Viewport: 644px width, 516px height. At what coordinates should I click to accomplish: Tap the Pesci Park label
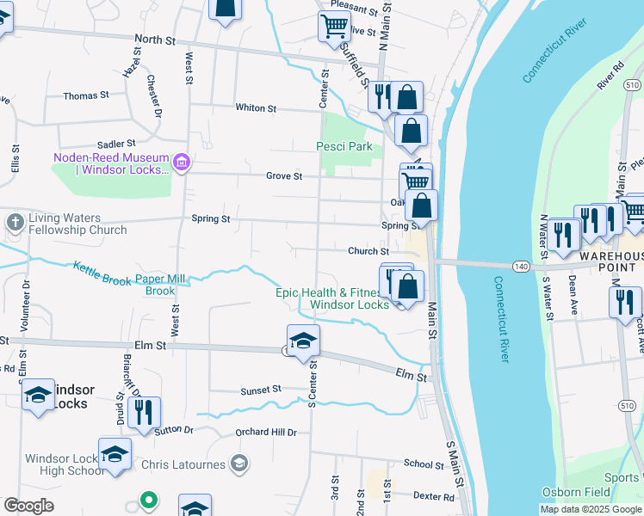click(x=344, y=146)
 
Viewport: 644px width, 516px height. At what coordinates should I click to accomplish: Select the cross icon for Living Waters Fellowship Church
click(x=15, y=223)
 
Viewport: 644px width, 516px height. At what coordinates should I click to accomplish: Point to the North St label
click(x=155, y=40)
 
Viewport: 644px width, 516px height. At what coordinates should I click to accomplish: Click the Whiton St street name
click(x=256, y=108)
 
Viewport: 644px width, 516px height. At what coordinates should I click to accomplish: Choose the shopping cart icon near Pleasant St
click(x=333, y=26)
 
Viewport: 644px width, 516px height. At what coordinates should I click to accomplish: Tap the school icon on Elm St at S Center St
click(x=303, y=341)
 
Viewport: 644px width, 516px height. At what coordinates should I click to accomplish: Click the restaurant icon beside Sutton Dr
click(x=144, y=412)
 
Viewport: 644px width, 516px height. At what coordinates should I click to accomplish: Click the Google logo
click(x=28, y=506)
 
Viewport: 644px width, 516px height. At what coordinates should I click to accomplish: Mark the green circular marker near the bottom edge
click(x=148, y=499)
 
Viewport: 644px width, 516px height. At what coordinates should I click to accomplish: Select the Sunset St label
click(x=261, y=390)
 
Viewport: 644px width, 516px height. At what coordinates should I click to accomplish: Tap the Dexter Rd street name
click(x=433, y=496)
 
